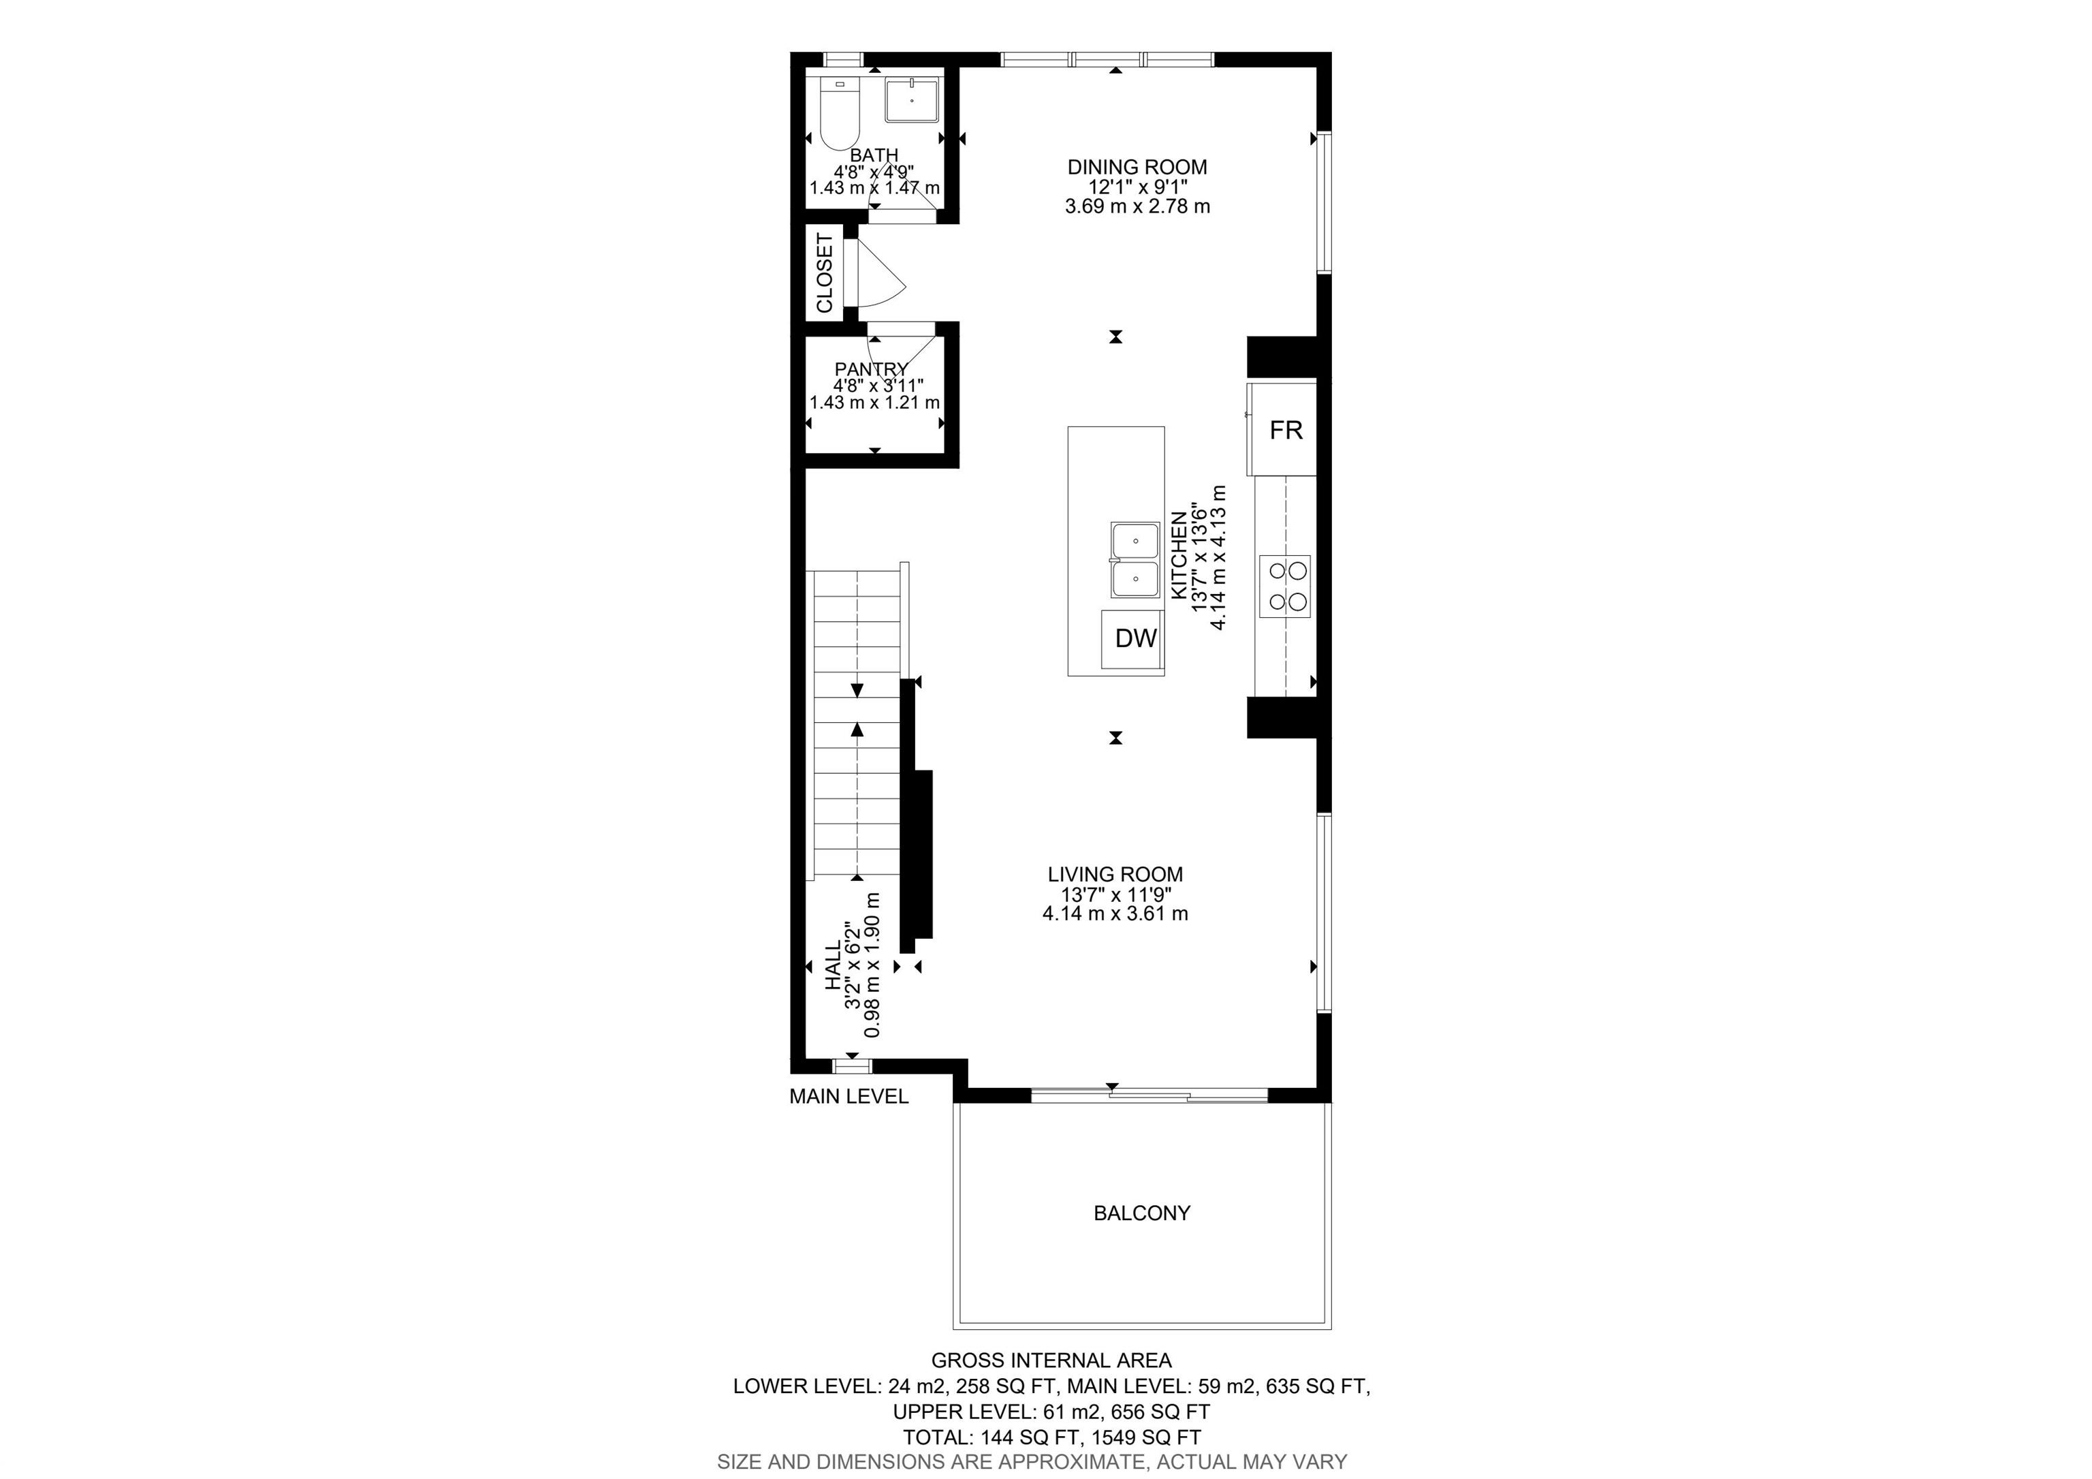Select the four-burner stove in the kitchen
[1285, 586]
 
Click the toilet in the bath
[202, 113]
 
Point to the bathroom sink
[911, 99]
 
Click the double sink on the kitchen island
[1135, 561]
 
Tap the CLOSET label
[825, 273]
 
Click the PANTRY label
[871, 369]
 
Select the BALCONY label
[1141, 1214]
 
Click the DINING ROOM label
[1137, 167]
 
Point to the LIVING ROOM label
[1115, 875]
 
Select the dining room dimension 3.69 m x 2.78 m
[1137, 206]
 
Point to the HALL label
[833, 967]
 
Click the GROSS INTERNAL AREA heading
[1051, 1360]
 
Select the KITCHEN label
[1179, 555]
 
